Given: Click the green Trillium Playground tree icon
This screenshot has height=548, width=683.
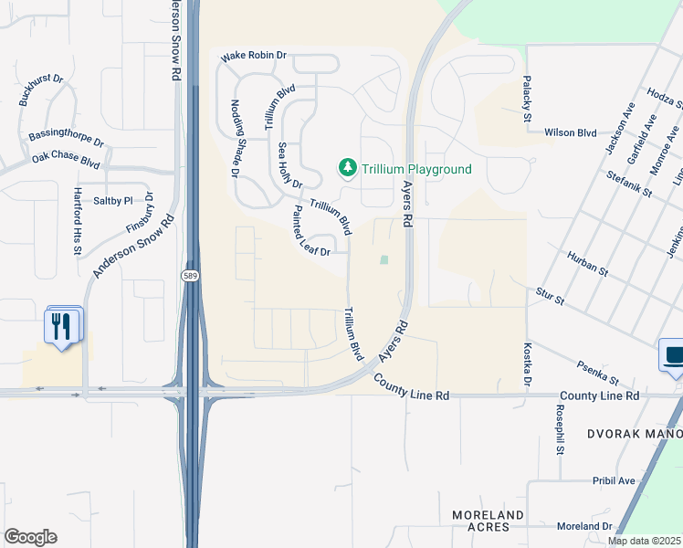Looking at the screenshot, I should pyautogui.click(x=347, y=168).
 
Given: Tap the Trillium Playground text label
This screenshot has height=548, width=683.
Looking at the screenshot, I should pyautogui.click(x=416, y=169).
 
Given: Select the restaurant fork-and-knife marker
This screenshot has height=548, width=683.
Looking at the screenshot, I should pyautogui.click(x=62, y=326).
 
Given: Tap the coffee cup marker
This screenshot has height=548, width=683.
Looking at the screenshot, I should pyautogui.click(x=673, y=355).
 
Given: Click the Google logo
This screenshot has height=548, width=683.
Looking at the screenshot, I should pyautogui.click(x=30, y=537).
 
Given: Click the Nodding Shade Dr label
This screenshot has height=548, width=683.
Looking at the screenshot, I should pyautogui.click(x=235, y=138).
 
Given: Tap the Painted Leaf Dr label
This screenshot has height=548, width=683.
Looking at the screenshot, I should pyautogui.click(x=311, y=232).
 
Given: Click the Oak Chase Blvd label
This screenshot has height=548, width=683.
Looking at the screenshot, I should pyautogui.click(x=65, y=161).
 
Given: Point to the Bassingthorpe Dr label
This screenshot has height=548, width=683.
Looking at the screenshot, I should pyautogui.click(x=67, y=138).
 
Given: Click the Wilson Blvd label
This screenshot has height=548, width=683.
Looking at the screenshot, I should pyautogui.click(x=571, y=132).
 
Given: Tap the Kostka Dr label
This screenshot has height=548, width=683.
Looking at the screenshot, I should pyautogui.click(x=527, y=364).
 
